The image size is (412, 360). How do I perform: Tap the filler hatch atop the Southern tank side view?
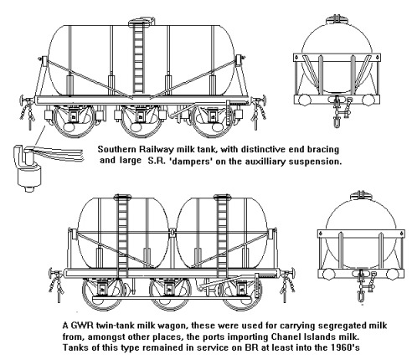tap(142, 21)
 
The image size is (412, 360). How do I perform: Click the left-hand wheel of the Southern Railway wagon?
tap(74, 121)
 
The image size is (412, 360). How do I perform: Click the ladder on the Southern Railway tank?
tap(138, 59)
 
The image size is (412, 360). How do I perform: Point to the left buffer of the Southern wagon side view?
tap(23, 100)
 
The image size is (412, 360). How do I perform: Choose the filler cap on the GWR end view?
tap(361, 194)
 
